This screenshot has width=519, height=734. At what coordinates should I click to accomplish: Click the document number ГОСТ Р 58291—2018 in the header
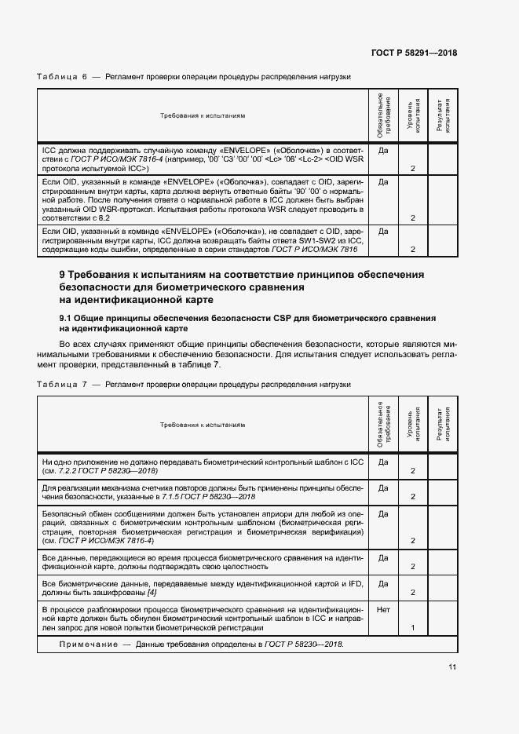[x=414, y=53]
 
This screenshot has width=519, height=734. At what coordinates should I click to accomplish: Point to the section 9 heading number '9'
[x=63, y=275]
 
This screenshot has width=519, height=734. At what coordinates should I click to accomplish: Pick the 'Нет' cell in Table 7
[x=384, y=608]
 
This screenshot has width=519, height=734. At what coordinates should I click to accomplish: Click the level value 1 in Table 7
[x=412, y=628]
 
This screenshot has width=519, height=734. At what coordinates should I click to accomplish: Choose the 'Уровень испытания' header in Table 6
[x=412, y=115]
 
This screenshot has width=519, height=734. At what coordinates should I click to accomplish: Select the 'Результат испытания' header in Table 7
[x=442, y=424]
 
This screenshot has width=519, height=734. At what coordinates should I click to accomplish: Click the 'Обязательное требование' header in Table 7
[x=384, y=424]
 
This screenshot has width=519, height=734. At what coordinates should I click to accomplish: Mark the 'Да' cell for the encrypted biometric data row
[x=384, y=583]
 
